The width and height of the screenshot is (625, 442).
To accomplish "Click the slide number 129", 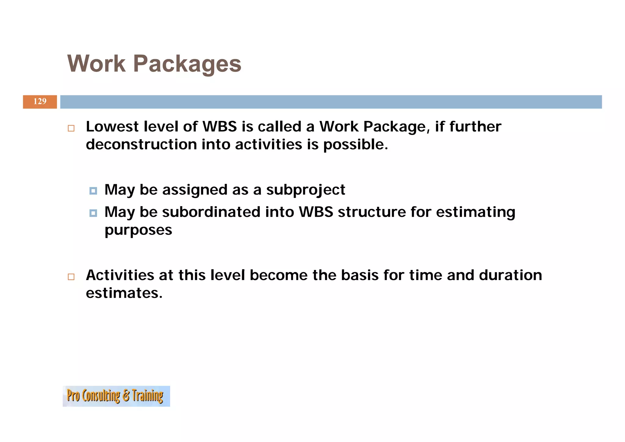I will [x=40, y=101].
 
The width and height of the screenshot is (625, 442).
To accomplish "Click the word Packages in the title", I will [x=187, y=64].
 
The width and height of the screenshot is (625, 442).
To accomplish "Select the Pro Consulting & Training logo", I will [x=116, y=396].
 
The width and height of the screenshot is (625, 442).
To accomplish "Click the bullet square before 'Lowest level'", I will [x=71, y=128].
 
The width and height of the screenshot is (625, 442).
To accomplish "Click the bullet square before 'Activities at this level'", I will [x=71, y=277].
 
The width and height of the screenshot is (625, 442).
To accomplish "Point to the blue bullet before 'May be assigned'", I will [x=93, y=191].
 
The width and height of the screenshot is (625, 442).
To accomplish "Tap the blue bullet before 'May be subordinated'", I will [x=93, y=213].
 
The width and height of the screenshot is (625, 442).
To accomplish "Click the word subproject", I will [x=305, y=190].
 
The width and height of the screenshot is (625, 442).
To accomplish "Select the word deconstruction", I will [x=141, y=144].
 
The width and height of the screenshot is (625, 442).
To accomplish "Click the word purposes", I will [x=138, y=230].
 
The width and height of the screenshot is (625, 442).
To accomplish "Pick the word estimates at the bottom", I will [x=124, y=293].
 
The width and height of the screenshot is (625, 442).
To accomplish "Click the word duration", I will [x=510, y=275].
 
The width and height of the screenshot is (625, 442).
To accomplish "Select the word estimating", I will [x=475, y=212].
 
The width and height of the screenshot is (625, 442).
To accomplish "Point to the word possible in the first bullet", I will [x=355, y=144].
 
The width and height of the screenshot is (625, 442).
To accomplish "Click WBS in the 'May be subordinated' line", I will [x=316, y=212].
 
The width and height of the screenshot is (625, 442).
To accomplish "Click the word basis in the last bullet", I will [x=359, y=275].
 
